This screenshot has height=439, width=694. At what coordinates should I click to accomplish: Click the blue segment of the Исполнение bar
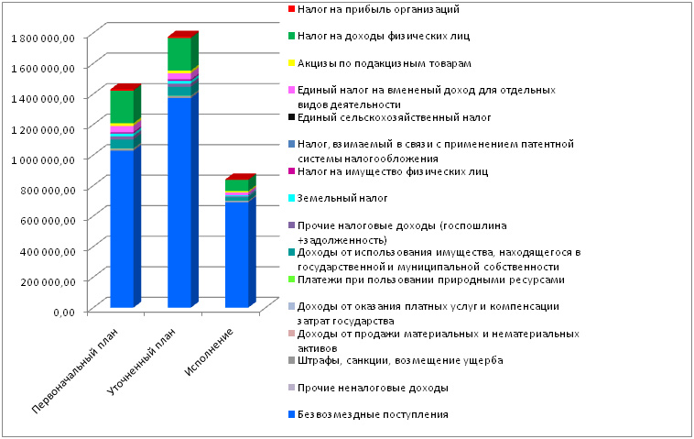coord(237,254)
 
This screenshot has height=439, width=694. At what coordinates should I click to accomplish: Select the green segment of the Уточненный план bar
coord(179,54)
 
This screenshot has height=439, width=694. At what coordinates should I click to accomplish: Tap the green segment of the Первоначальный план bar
coord(122,106)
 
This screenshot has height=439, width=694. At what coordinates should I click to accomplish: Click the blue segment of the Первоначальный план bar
coord(122,228)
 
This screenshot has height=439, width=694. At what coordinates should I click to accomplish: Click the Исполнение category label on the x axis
coord(209,352)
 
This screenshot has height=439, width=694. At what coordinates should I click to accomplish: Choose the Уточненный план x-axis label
coord(142,361)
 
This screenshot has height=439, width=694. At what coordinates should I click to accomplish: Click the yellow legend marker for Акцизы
coord(291,63)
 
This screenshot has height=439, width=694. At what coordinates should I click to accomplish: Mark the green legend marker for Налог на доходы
coord(291,36)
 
